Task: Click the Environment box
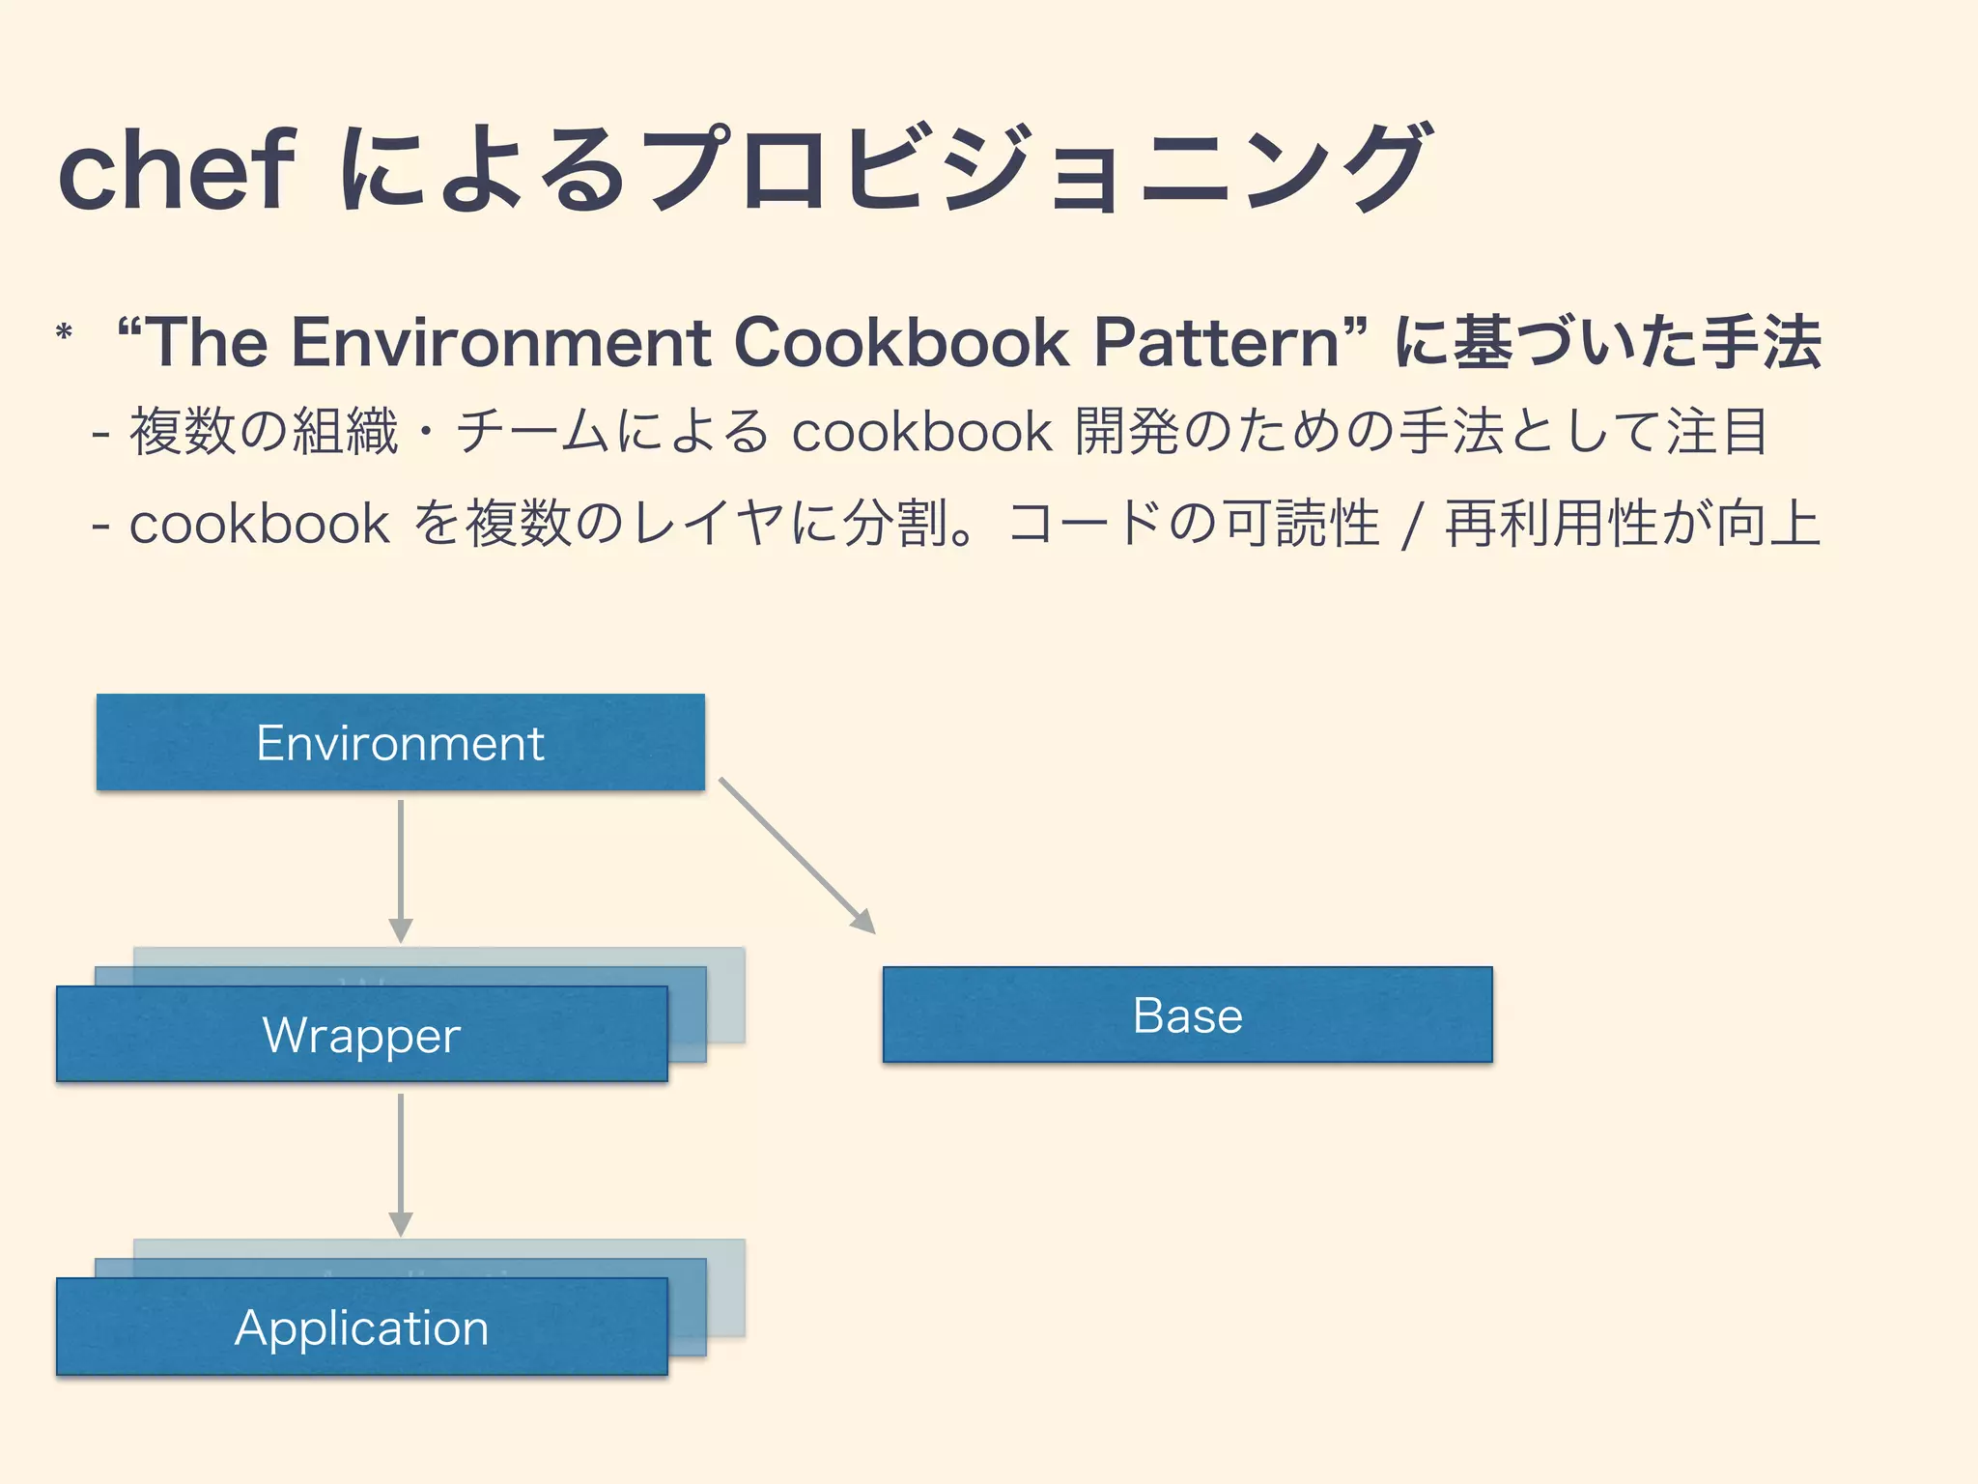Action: click(x=400, y=742)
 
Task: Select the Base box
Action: click(x=1187, y=1014)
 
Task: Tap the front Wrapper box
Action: click(x=361, y=1034)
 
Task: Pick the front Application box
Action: click(x=361, y=1327)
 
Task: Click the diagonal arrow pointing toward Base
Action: click(x=797, y=855)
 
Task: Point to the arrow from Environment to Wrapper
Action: click(x=401, y=870)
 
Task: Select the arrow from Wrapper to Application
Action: click(x=401, y=1164)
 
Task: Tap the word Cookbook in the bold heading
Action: click(x=901, y=342)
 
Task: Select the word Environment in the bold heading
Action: click(x=501, y=342)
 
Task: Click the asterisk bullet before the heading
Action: click(x=65, y=334)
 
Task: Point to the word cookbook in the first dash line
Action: click(x=920, y=431)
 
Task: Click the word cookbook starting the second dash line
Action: click(x=259, y=524)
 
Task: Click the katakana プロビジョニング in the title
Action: click(x=1033, y=169)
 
